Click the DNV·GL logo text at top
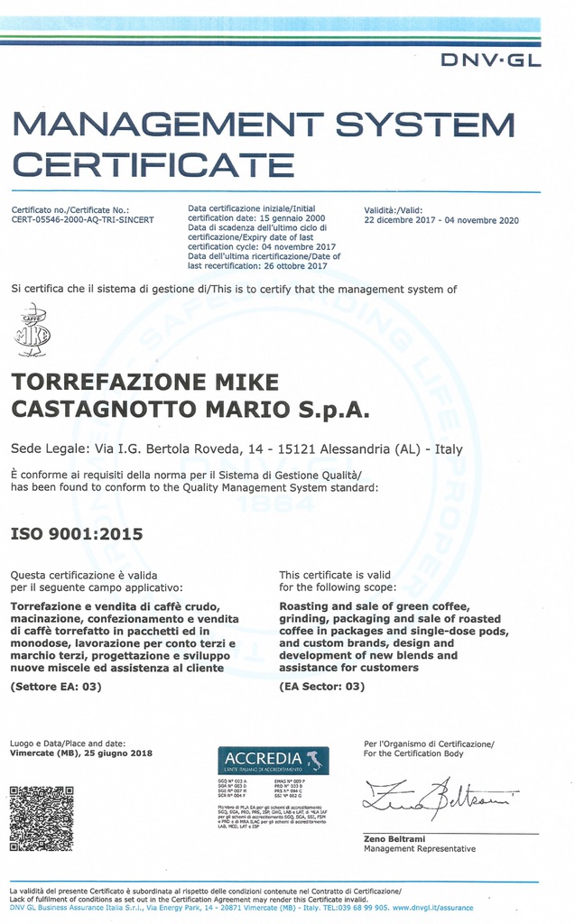coord(490,60)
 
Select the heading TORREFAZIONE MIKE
coord(144,382)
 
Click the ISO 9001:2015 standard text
coord(77,533)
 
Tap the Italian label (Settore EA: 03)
coord(56,687)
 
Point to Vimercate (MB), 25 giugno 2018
coord(81,753)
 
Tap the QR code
coord(42,818)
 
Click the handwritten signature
coord(441,797)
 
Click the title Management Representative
coord(419,849)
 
